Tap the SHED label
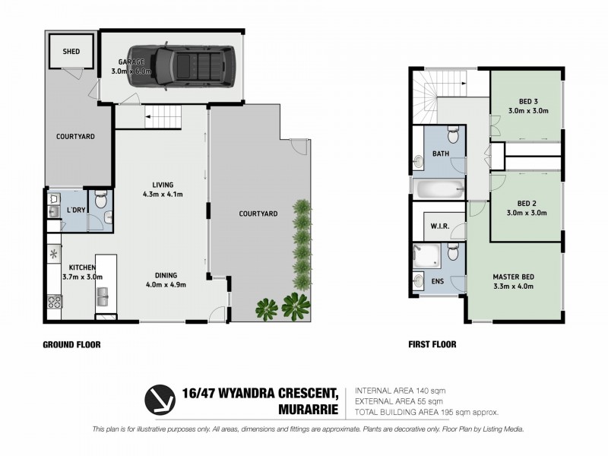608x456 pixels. [71, 52]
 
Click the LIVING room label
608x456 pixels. [163, 184]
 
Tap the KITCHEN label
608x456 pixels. [82, 268]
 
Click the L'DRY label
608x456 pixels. [75, 209]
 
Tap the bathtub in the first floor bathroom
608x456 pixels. [438, 187]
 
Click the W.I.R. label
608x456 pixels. [438, 226]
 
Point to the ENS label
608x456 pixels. [439, 281]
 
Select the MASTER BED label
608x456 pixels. [513, 276]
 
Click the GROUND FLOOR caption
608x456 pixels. [71, 344]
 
